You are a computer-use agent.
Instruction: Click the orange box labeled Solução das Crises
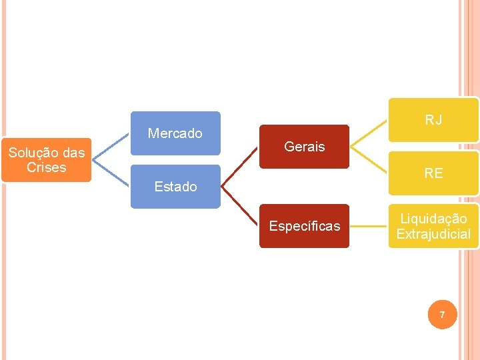pyautogui.click(x=46, y=160)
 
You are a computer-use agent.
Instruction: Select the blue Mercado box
pyautogui.click(x=175, y=133)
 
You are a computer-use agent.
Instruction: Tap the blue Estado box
pyautogui.click(x=175, y=187)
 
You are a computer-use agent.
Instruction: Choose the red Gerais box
pyautogui.click(x=304, y=147)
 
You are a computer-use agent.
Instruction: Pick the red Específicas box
pyautogui.click(x=304, y=226)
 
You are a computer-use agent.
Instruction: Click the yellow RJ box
pyautogui.click(x=433, y=120)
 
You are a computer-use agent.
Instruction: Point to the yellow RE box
pyautogui.click(x=433, y=173)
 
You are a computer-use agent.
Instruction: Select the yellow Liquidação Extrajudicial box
pyautogui.click(x=433, y=226)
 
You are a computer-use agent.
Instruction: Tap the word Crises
pyautogui.click(x=46, y=167)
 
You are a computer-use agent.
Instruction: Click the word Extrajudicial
pyautogui.click(x=433, y=234)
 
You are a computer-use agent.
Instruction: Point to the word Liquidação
pyautogui.click(x=433, y=219)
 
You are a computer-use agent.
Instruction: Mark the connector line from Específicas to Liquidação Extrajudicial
pyautogui.click(x=369, y=226)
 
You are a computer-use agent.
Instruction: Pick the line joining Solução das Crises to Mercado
pyautogui.click(x=111, y=146)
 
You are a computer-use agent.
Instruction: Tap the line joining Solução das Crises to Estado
pyautogui.click(x=111, y=174)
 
